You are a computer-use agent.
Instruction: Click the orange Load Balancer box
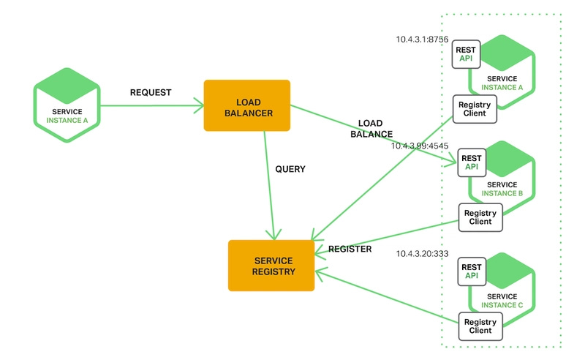click(246, 105)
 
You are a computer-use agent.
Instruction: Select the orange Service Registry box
click(271, 266)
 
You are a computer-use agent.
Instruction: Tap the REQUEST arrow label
click(150, 93)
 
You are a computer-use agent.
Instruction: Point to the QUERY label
click(290, 169)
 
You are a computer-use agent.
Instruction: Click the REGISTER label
click(350, 250)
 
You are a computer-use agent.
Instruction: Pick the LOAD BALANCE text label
click(371, 129)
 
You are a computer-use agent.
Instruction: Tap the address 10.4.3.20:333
click(422, 254)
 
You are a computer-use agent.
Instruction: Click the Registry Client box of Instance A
click(475, 110)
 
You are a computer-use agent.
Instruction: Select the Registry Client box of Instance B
click(480, 217)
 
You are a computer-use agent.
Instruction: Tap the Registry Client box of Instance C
click(480, 326)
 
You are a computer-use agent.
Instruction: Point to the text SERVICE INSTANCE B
click(502, 189)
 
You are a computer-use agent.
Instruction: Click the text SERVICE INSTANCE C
click(502, 299)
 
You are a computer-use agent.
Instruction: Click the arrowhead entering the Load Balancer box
click(199, 107)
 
